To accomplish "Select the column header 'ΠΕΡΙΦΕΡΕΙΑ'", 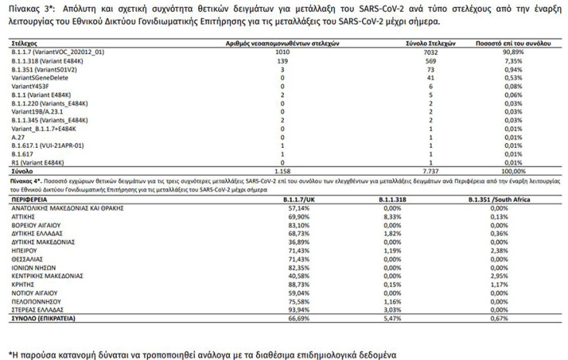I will point(29,199).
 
